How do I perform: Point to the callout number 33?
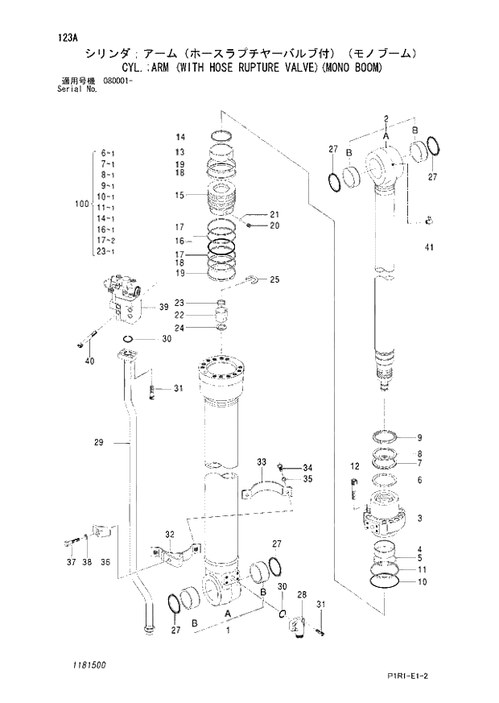[x=262, y=461]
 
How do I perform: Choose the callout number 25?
[x=274, y=279]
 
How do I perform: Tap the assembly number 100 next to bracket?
[x=80, y=205]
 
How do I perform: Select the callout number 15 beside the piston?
[x=179, y=195]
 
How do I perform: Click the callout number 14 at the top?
[x=180, y=136]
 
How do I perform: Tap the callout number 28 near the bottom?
[x=303, y=595]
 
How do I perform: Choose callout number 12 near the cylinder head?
[x=354, y=466]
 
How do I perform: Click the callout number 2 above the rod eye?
[x=386, y=119]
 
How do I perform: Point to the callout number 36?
[x=105, y=561]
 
